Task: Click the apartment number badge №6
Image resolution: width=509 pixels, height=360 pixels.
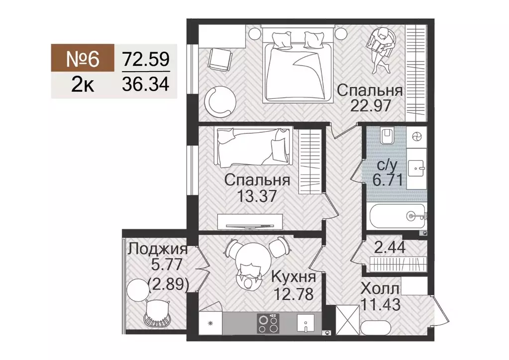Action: click(83, 59)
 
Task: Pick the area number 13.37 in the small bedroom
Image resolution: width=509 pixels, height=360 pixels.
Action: click(257, 194)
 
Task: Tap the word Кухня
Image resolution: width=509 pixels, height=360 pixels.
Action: click(294, 277)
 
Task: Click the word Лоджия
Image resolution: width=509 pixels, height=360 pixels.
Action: click(157, 249)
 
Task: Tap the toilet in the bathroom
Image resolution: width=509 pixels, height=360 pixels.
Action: click(386, 135)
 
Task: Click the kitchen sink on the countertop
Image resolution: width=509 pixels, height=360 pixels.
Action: click(304, 325)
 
